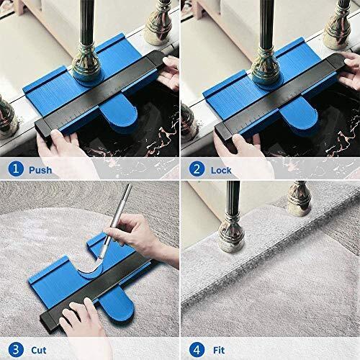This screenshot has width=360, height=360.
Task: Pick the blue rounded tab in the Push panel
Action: point(118,119)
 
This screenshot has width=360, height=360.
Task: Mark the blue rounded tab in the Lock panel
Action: point(298,119)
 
